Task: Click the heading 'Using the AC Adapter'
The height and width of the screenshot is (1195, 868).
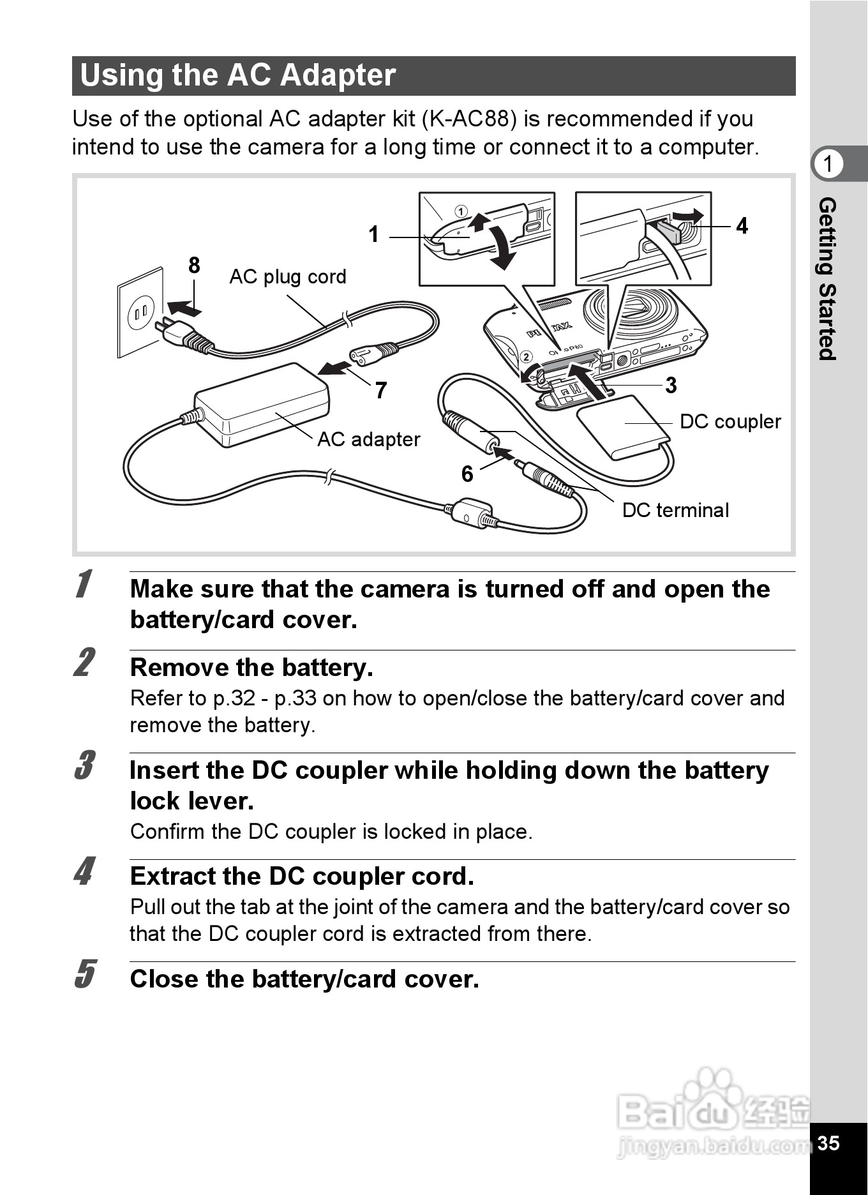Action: pyautogui.click(x=237, y=75)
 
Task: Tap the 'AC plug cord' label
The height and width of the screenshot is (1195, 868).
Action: pyautogui.click(x=287, y=276)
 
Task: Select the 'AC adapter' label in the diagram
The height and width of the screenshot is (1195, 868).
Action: pyautogui.click(x=368, y=439)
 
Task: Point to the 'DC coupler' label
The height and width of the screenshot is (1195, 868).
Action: pyautogui.click(x=730, y=421)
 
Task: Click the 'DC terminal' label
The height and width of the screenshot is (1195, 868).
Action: pyautogui.click(x=675, y=510)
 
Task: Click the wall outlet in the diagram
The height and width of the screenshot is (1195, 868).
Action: pyautogui.click(x=140, y=312)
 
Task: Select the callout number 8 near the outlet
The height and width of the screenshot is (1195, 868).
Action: pyautogui.click(x=194, y=266)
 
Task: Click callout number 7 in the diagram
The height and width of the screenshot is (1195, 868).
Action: pyautogui.click(x=381, y=390)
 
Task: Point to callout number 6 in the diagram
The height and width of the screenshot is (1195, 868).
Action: pyautogui.click(x=467, y=474)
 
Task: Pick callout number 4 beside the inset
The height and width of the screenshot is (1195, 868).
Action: pyautogui.click(x=742, y=226)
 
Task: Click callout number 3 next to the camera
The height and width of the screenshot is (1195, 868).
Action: pyautogui.click(x=671, y=385)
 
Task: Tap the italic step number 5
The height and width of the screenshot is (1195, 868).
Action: pyautogui.click(x=84, y=974)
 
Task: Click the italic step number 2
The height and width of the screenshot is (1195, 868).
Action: pyautogui.click(x=84, y=663)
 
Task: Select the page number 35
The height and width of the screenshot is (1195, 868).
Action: pyautogui.click(x=828, y=1143)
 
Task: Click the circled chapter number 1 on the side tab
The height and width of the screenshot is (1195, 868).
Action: pyautogui.click(x=828, y=164)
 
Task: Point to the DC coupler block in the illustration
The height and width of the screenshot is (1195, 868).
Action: pyautogui.click(x=622, y=427)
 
